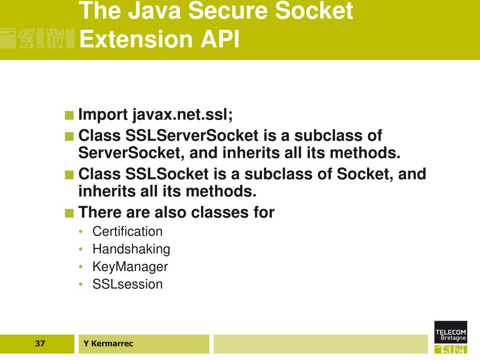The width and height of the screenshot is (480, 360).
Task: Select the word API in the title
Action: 220,39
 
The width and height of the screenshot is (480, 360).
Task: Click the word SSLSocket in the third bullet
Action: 166,174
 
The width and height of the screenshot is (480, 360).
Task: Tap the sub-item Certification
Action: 127,232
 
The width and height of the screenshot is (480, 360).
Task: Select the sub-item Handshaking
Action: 131,249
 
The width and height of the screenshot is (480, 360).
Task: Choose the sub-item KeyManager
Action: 130,267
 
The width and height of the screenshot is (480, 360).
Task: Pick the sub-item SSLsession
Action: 127,284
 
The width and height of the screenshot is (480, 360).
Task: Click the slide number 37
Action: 40,344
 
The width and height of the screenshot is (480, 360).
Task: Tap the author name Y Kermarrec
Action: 108,344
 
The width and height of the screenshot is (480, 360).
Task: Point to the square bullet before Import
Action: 69,115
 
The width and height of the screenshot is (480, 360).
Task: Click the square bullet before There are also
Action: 69,213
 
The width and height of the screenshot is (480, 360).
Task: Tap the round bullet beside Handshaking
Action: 82,249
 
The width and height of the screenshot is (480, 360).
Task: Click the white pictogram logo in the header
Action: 37,38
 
